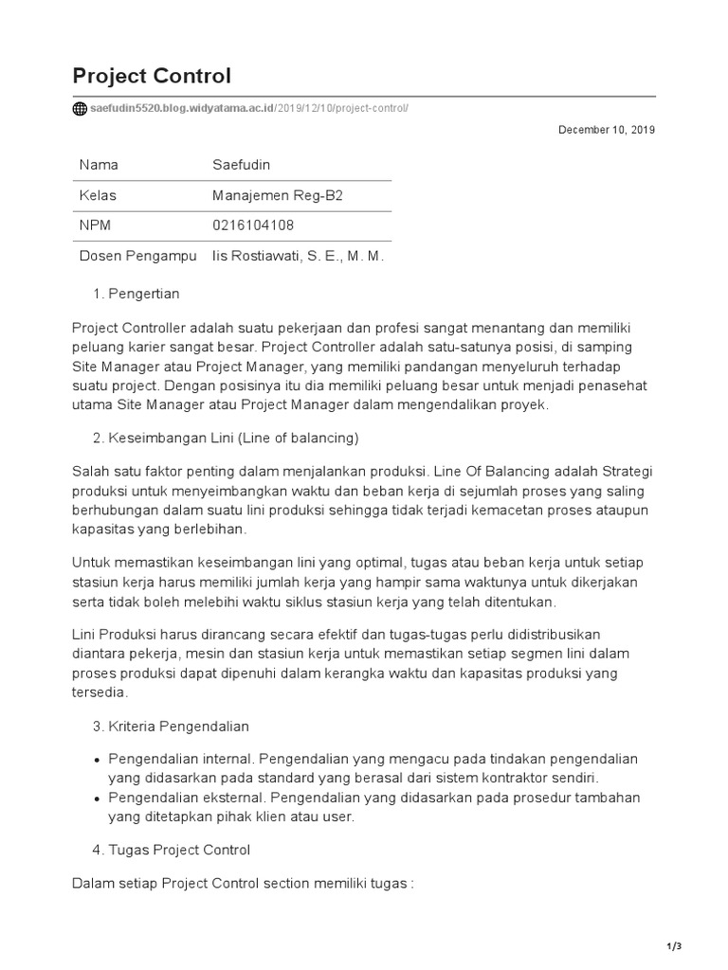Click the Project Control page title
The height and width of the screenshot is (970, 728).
pos(151,76)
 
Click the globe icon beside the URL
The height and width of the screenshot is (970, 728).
pos(80,108)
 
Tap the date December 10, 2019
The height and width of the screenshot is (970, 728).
pos(606,130)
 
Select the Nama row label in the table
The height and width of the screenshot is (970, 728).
pos(99,165)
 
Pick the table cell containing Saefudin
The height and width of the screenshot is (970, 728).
pos(241,165)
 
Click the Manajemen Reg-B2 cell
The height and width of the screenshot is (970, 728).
pos(278,195)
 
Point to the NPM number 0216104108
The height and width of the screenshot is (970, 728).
pos(254,225)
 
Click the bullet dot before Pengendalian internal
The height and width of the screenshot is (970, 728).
pos(98,761)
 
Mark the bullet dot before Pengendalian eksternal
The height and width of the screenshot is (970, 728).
pos(98,798)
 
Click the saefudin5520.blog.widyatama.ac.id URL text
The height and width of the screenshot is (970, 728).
pos(181,108)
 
